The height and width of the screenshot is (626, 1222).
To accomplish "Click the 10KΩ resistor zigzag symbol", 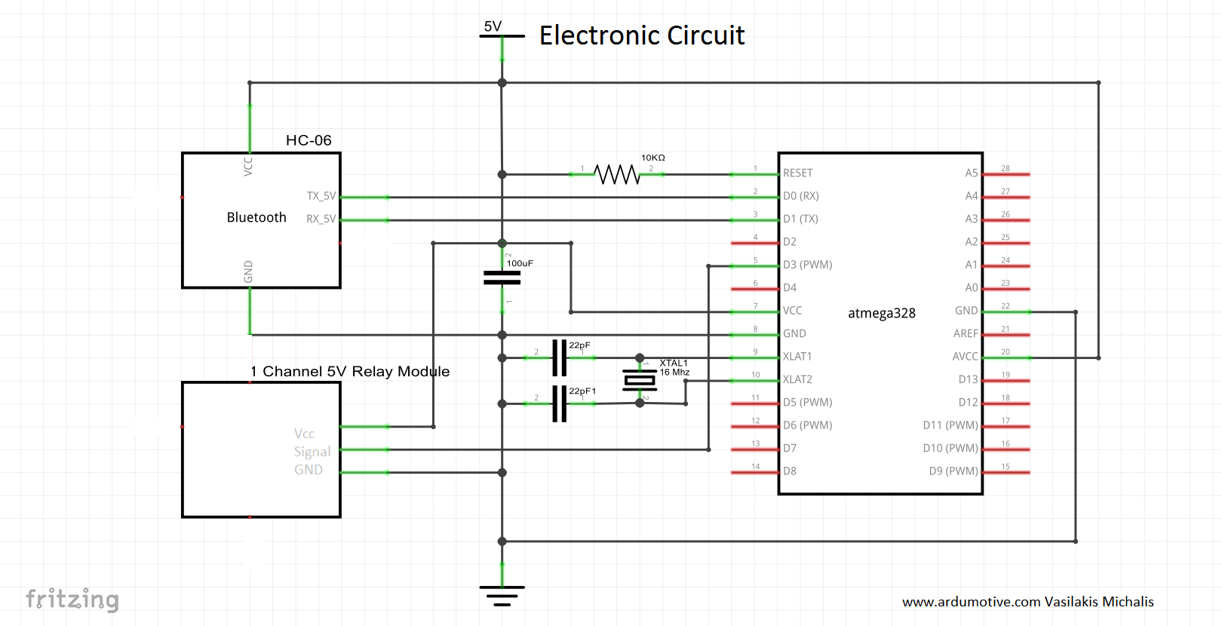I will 617,174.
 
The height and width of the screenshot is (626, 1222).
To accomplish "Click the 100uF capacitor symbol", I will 502,278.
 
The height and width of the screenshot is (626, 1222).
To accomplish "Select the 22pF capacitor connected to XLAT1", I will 559,357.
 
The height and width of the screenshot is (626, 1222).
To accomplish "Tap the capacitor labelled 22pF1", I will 559,404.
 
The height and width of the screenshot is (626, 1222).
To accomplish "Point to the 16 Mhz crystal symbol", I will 640,381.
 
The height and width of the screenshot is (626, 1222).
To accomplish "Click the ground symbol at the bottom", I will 502,595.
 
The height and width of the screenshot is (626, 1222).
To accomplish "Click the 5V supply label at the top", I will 493,27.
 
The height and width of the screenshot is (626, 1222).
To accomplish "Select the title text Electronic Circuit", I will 642,35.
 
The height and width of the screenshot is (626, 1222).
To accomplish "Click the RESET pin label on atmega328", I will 797,173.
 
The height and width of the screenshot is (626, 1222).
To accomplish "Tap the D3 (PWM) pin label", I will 807,265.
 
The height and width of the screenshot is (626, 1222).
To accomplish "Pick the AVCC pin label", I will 965,357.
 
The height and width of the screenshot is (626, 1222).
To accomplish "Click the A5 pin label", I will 971,173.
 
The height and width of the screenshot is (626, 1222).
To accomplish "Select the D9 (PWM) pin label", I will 953,471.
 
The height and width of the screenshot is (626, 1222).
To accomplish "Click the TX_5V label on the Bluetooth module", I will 321,196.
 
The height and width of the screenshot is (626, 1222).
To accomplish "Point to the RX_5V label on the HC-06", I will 321,219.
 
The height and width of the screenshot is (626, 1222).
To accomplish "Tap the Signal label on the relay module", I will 312,452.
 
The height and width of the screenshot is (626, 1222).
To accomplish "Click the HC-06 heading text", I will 309,140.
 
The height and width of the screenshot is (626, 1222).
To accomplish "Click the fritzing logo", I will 72,599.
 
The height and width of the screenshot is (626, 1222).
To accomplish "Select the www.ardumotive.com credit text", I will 1027,602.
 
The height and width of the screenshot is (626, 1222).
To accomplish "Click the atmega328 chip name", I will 881,313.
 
